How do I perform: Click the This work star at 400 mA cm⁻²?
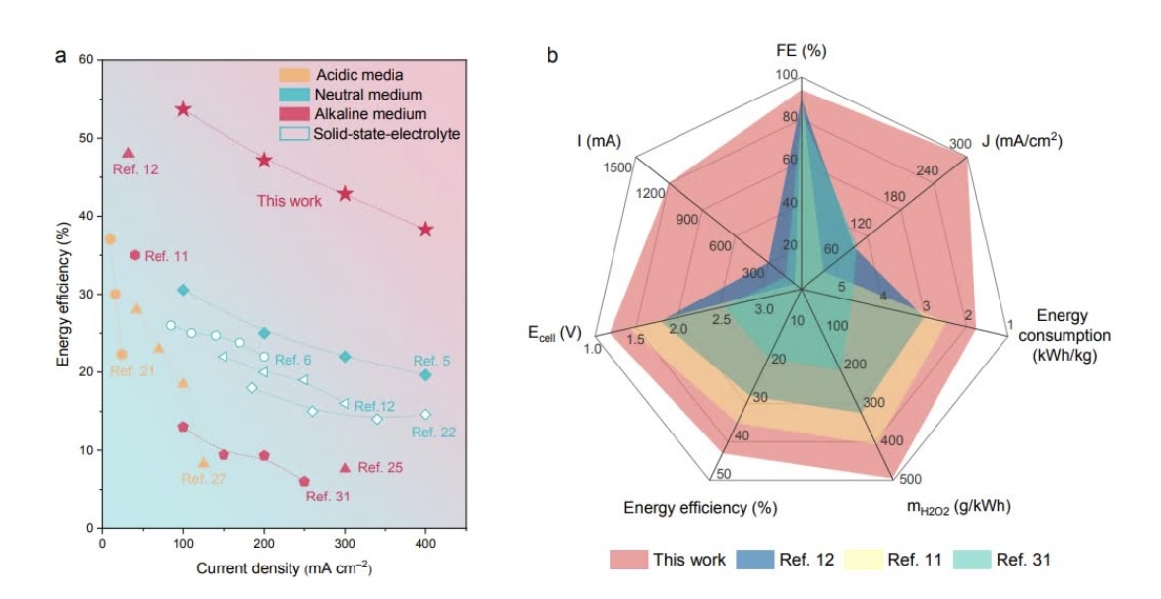click(x=425, y=230)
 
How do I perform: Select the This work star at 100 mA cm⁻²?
click(x=183, y=109)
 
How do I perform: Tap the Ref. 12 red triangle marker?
click(x=128, y=153)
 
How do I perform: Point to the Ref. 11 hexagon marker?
click(x=135, y=255)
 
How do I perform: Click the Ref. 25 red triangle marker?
click(x=345, y=468)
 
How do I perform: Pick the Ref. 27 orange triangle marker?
click(x=204, y=462)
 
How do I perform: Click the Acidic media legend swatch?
click(x=293, y=75)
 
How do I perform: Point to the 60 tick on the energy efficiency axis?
click(x=85, y=60)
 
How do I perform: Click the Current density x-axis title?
click(x=284, y=569)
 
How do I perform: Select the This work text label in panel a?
click(x=290, y=201)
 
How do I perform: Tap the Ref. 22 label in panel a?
click(x=434, y=432)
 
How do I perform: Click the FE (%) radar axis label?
click(x=800, y=51)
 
